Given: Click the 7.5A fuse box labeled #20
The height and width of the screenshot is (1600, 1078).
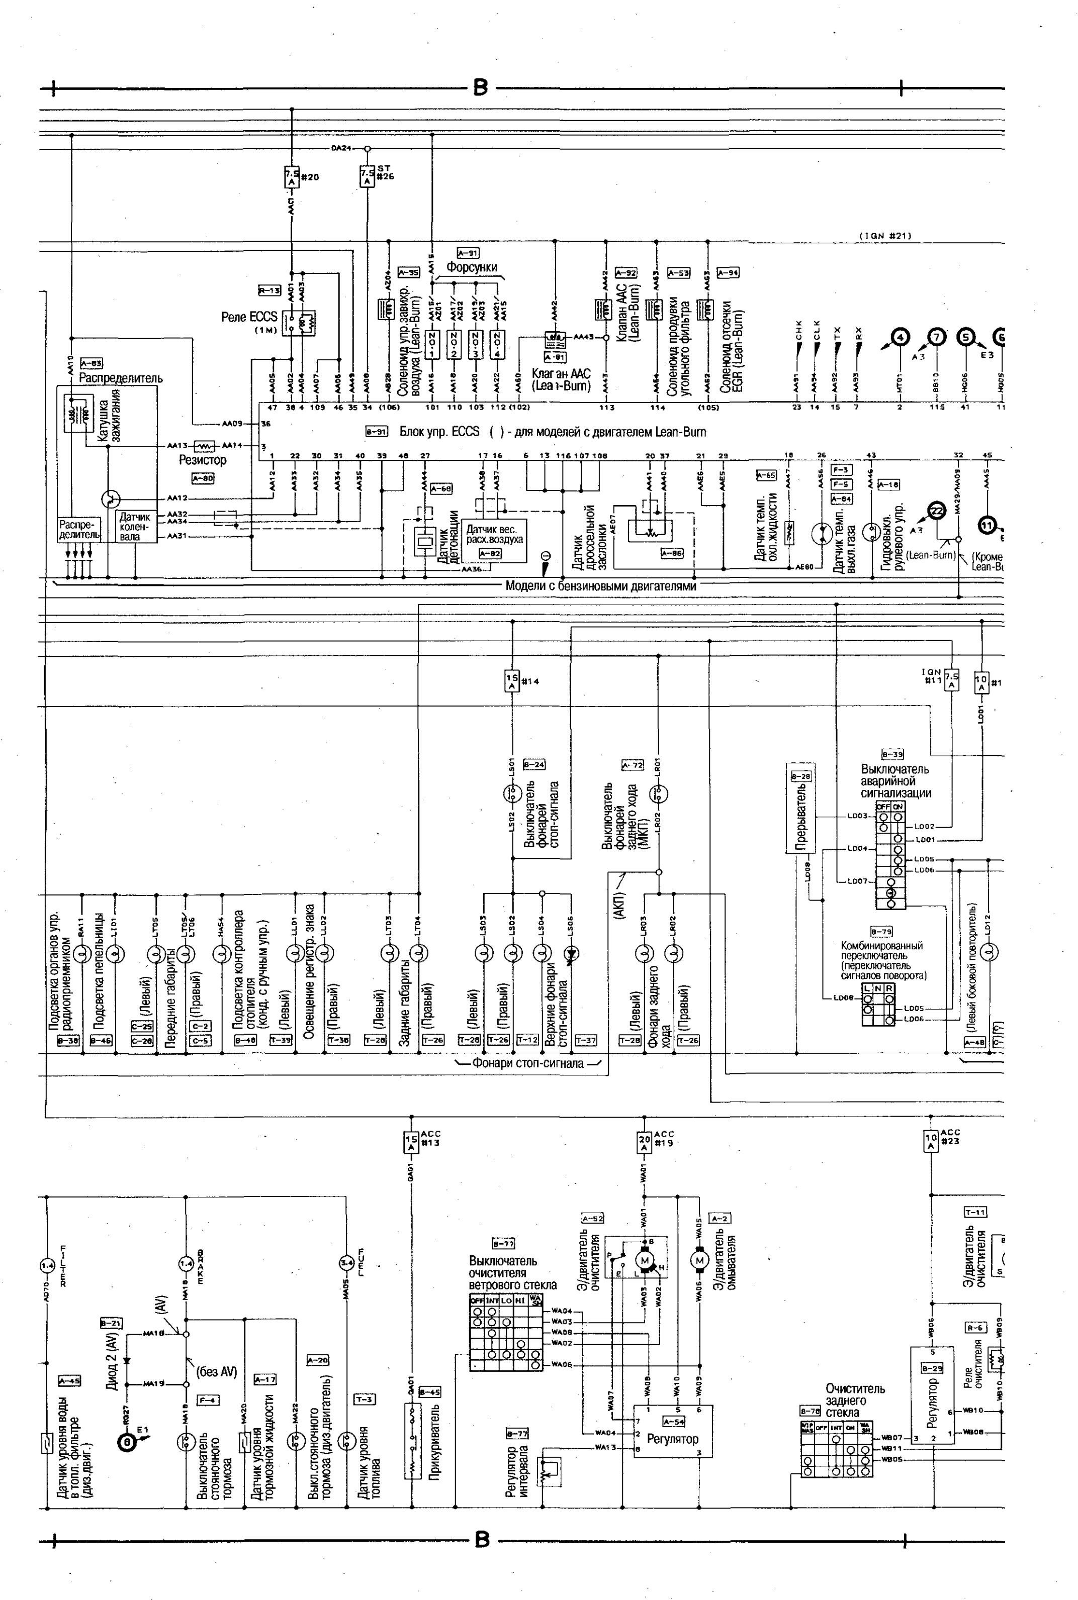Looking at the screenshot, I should coord(292,177).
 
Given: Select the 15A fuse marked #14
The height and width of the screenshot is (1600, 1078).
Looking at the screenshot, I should coord(512,681).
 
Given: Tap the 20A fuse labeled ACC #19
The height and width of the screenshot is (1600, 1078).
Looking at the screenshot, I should coord(644,1142).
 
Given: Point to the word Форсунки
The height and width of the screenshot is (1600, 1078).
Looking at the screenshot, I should coord(472,267).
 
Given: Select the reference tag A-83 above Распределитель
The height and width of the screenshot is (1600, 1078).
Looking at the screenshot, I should coord(92,363).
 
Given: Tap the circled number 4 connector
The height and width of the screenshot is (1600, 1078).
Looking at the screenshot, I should coord(900,337).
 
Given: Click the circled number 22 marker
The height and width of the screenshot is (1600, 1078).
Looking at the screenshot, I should coord(936,510).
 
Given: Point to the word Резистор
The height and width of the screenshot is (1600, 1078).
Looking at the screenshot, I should coord(203,460).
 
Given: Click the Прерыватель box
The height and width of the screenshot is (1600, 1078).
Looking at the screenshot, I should coord(800,808).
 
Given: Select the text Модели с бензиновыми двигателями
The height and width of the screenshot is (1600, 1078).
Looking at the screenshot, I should coord(600,586).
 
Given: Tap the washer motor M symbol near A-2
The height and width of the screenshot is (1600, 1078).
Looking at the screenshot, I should coord(699,1260).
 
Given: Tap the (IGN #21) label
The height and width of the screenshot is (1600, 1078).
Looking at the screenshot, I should coord(885,236).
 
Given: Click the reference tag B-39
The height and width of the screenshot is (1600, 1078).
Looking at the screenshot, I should coord(892,754).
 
